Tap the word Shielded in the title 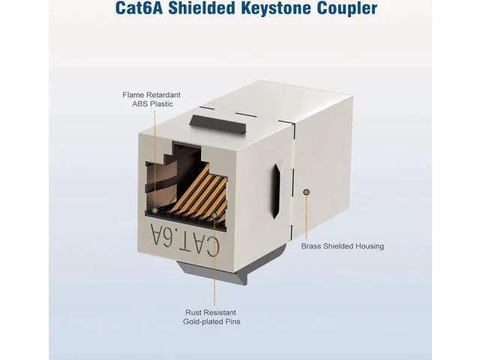pyautogui.click(x=202, y=8)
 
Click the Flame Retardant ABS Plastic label pyautogui.click(x=151, y=100)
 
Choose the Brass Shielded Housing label pyautogui.click(x=343, y=246)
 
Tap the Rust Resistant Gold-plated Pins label pyautogui.click(x=211, y=316)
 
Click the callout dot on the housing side pyautogui.click(x=306, y=192)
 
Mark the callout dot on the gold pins pyautogui.click(x=215, y=215)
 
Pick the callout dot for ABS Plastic pyautogui.click(x=155, y=210)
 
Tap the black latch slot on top pyautogui.click(x=218, y=124)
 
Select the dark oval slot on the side pyautogui.click(x=277, y=191)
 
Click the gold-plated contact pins pyautogui.click(x=199, y=195)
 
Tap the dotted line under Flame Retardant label pyautogui.click(x=155, y=159)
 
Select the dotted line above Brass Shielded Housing pyautogui.click(x=306, y=217)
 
